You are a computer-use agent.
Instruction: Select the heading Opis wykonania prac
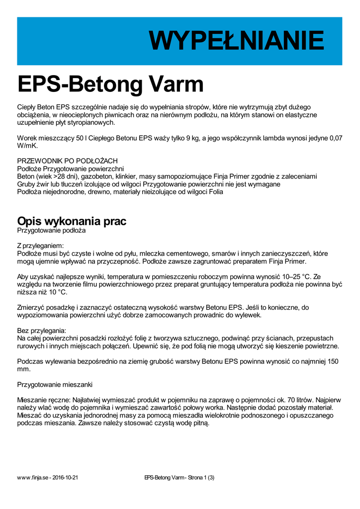[72, 221]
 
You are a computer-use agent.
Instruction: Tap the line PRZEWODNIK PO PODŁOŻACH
[67, 161]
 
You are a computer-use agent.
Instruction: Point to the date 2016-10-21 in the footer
[65, 478]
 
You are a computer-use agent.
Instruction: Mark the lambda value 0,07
[336, 138]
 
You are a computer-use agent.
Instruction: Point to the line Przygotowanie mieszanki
[55, 384]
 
